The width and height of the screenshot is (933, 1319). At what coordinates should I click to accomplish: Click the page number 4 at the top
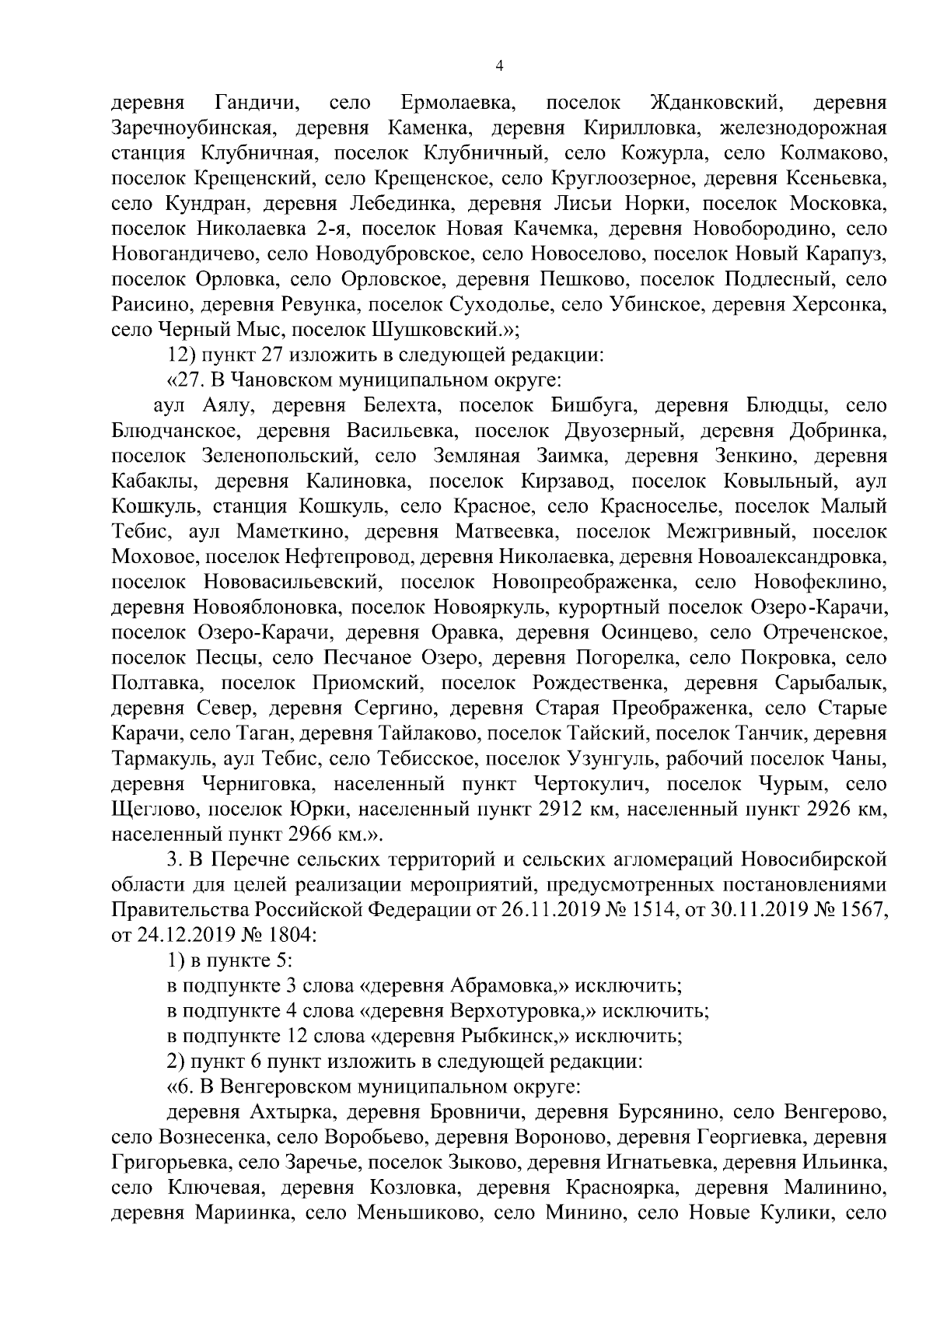[499, 68]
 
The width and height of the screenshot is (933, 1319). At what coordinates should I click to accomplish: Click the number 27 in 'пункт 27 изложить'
[271, 355]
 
